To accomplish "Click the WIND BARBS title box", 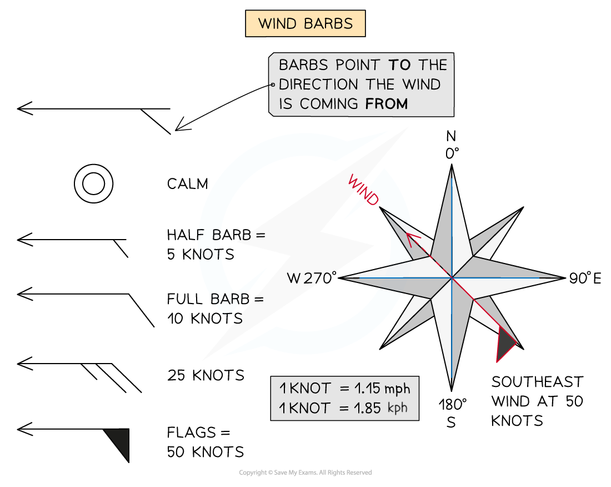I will point(305,24).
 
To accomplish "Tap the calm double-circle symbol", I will point(94,183).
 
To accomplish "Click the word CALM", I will point(187,184).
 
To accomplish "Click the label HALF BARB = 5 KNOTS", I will point(216,245).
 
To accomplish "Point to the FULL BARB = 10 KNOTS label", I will point(216,309).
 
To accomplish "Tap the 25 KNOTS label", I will point(206,375).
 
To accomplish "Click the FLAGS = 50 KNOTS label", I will point(205,442).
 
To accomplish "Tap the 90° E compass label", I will point(585,279).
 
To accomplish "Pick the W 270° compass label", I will point(312,278).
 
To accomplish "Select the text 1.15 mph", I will point(383,388).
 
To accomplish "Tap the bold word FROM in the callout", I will point(387,103).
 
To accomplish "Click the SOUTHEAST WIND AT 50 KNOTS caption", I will point(537,401).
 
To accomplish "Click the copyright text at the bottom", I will point(305,473).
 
